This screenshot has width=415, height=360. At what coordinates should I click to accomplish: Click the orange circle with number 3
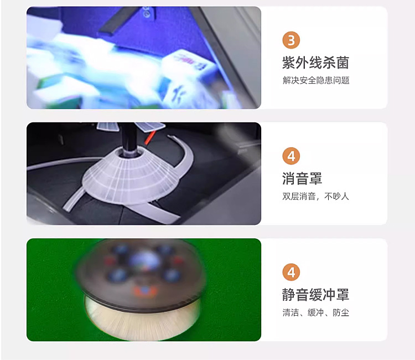291,40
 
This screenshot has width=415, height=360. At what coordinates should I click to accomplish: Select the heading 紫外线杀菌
315,63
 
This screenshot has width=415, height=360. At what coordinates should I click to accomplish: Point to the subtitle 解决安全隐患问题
316,80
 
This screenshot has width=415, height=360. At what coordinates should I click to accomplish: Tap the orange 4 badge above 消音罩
291,156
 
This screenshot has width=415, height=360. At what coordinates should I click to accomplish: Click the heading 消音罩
302,178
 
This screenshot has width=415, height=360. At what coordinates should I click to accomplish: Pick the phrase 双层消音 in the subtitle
299,197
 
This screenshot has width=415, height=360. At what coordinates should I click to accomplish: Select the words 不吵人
337,197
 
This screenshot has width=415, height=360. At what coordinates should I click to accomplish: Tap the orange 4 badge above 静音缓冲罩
291,272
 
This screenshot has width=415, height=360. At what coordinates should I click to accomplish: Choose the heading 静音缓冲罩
315,295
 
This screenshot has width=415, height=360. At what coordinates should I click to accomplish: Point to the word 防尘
341,313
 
